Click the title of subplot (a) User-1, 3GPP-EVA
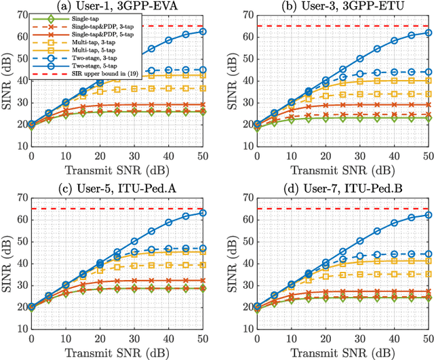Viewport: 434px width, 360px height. pyautogui.click(x=121, y=6)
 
